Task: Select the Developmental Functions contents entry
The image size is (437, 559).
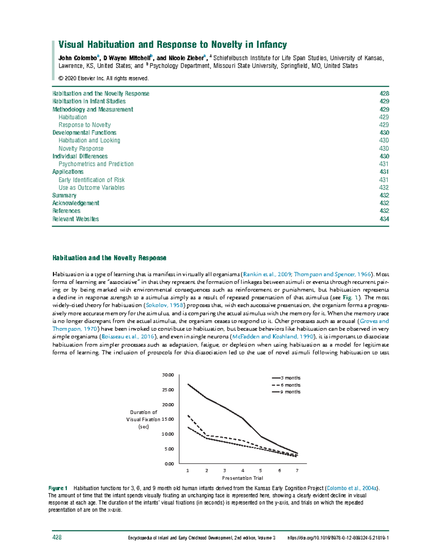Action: [x=84, y=133]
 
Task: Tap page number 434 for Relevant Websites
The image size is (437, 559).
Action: [x=384, y=219]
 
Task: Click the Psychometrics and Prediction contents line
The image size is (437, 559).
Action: [x=96, y=164]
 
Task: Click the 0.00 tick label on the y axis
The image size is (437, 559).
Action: [x=169, y=464]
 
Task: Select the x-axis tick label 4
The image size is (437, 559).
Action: [x=243, y=471]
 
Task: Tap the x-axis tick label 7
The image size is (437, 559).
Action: [x=297, y=471]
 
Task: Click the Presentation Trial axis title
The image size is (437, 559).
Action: [x=242, y=478]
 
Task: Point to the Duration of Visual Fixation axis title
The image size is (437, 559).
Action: [x=143, y=419]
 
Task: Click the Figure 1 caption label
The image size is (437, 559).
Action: [x=58, y=488]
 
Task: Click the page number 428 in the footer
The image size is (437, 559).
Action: [x=57, y=538]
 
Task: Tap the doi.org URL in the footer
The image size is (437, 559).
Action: [x=338, y=538]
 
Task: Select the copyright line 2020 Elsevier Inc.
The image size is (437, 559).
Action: [x=103, y=78]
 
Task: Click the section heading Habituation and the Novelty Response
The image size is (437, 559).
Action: [x=109, y=258]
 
